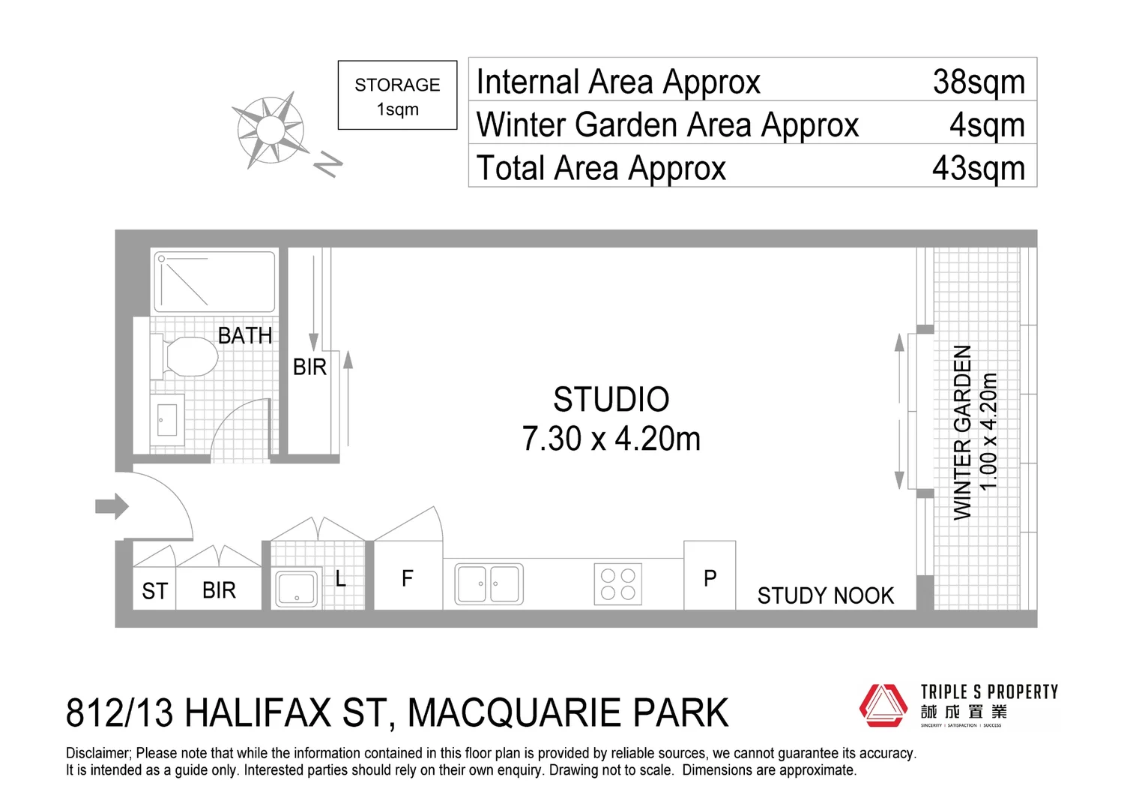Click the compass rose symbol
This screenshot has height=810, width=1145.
click(271, 130)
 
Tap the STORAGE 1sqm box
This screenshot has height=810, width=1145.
click(397, 95)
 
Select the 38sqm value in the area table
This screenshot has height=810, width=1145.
click(978, 81)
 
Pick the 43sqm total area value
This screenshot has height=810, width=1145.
click(978, 168)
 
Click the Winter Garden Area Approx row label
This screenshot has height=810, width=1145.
click(667, 124)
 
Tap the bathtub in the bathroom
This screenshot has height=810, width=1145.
click(214, 281)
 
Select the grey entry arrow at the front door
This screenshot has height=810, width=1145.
click(112, 506)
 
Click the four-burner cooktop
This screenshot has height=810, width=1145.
click(618, 583)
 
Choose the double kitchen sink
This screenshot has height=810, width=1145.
click(489, 583)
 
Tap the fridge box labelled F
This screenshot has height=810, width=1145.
click(408, 577)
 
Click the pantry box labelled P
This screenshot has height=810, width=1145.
click(710, 577)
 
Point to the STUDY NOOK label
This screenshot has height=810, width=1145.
click(825, 595)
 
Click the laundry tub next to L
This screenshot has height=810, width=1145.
click(297, 588)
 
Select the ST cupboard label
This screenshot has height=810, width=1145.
click(154, 591)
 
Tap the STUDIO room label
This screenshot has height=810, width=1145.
click(611, 400)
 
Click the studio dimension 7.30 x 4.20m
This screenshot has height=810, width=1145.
click(611, 439)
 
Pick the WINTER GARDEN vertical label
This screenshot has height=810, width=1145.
click(962, 432)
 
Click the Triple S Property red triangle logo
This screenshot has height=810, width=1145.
click(883, 705)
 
